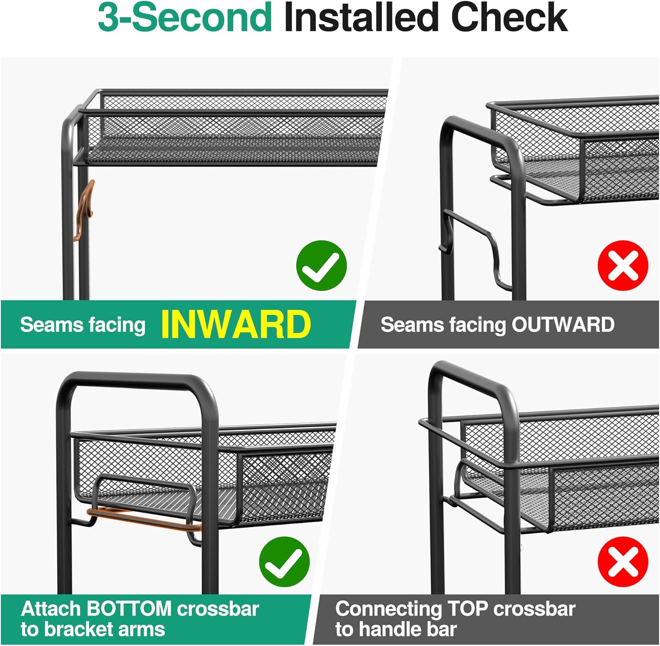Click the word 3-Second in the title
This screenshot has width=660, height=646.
[185, 18]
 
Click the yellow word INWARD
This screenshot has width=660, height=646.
[236, 325]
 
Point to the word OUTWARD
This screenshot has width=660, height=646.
[563, 325]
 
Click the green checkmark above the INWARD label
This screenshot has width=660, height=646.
[322, 265]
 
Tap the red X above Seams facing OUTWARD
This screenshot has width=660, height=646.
[623, 265]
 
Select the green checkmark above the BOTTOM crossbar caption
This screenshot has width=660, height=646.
[284, 561]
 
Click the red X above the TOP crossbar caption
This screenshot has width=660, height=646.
[623, 561]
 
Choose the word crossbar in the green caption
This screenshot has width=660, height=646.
[218, 609]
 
